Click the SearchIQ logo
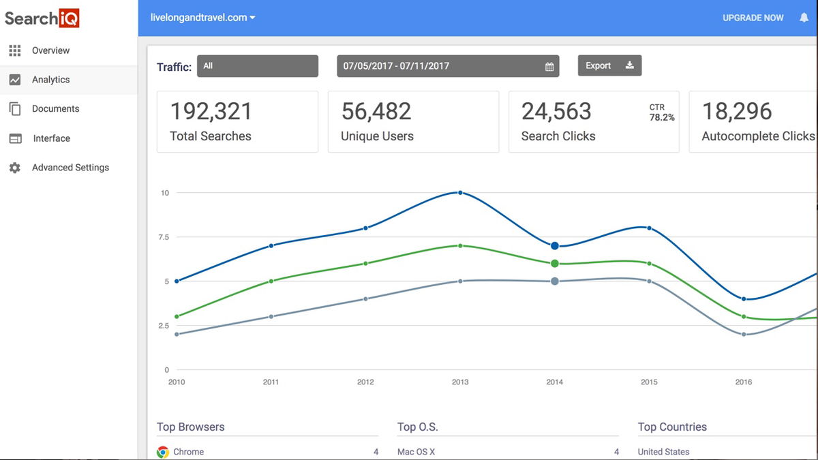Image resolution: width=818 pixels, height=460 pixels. [x=42, y=18]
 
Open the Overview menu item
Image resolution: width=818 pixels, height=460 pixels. [x=50, y=50]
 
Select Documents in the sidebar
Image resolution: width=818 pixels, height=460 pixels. [x=55, y=109]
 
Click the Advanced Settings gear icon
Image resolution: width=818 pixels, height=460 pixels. [x=15, y=168]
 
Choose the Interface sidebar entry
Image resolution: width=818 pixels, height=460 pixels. [x=51, y=138]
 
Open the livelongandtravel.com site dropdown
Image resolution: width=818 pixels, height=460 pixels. [x=203, y=18]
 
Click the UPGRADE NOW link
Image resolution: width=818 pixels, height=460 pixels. [x=753, y=18]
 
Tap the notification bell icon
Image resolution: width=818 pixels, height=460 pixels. [x=804, y=18]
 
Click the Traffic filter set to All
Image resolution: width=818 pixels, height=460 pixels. [x=257, y=66]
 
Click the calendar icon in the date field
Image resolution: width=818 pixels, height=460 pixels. [x=549, y=67]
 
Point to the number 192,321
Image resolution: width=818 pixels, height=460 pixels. [x=211, y=112]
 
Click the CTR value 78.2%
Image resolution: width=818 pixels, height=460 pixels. [x=662, y=117]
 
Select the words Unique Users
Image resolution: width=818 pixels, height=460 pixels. [x=377, y=136]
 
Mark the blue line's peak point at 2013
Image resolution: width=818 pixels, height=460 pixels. [x=460, y=193]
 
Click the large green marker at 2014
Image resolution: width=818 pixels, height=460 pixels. [x=555, y=264]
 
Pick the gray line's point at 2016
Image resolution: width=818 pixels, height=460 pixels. [x=744, y=335]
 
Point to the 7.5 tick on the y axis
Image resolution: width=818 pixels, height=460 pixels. [x=163, y=237]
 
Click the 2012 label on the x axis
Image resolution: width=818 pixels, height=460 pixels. [x=365, y=382]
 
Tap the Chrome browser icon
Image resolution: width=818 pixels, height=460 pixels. [x=163, y=452]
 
